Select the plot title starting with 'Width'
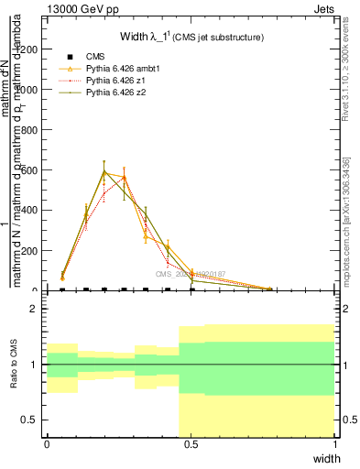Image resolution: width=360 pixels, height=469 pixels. point(192,38)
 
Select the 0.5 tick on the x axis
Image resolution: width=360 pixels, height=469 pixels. point(191,444)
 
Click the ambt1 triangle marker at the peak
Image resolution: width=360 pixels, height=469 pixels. point(104,171)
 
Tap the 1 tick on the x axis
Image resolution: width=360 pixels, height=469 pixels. point(334,444)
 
